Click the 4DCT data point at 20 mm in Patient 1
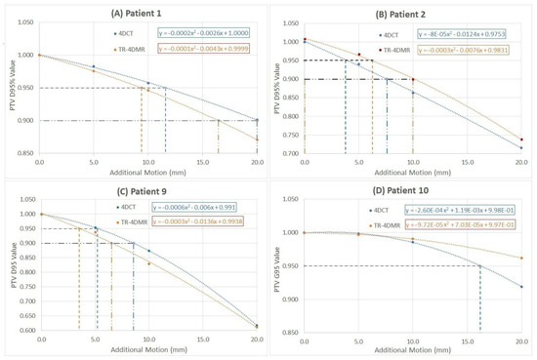(257, 120)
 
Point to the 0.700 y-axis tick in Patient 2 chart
(289, 153)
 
